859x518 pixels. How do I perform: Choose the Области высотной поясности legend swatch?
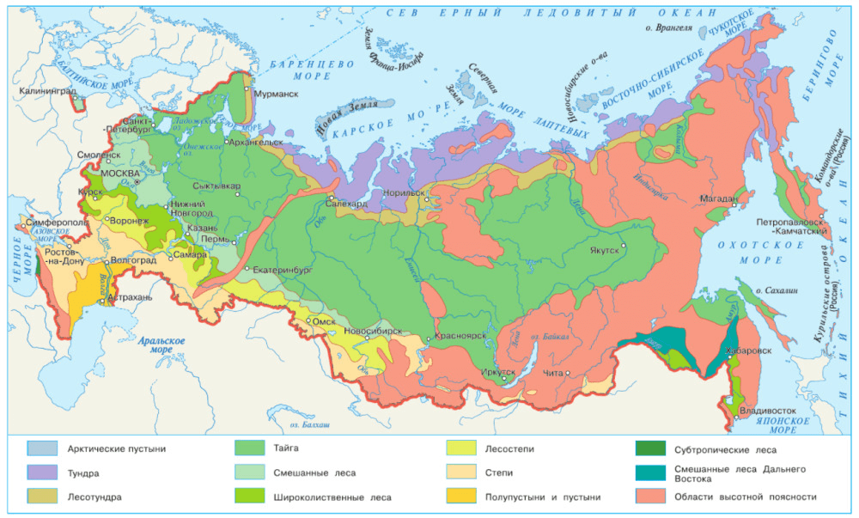(x=654, y=497)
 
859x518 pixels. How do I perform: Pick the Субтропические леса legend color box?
(x=654, y=448)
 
